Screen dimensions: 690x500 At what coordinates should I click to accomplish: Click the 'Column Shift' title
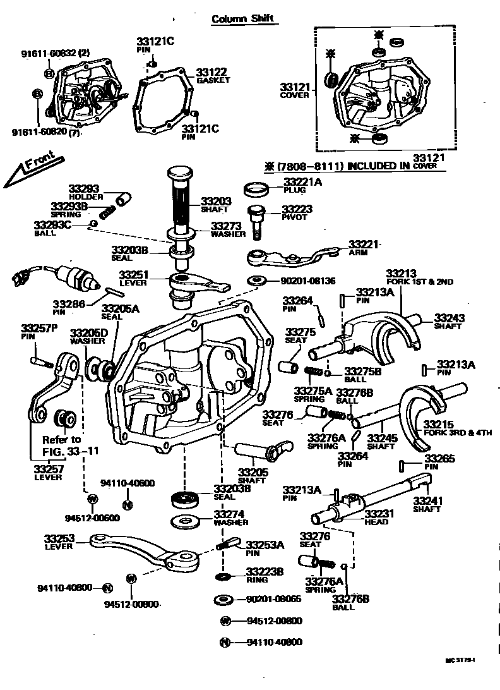click(x=242, y=18)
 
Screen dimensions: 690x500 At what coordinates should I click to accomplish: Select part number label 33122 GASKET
click(x=211, y=76)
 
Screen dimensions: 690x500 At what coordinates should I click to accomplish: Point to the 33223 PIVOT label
click(x=297, y=212)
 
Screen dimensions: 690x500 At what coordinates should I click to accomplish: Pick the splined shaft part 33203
click(x=181, y=202)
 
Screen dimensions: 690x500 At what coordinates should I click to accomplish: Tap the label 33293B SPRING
click(x=69, y=209)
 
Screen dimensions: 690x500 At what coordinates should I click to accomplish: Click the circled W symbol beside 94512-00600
click(x=92, y=499)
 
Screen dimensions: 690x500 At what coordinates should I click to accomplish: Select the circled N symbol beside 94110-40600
click(x=127, y=504)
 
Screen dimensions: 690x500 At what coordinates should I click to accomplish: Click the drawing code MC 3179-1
click(x=460, y=660)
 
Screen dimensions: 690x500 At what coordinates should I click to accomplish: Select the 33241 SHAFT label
click(x=427, y=504)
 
